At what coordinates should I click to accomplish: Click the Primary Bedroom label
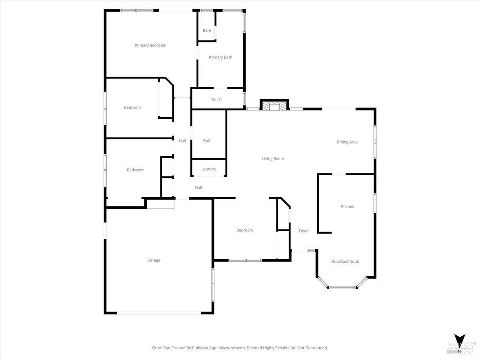(x=150, y=45)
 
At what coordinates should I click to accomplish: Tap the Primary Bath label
(x=220, y=57)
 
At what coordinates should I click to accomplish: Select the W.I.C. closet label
(x=217, y=100)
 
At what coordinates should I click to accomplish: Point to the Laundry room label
(x=209, y=169)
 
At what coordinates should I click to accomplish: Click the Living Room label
(x=273, y=158)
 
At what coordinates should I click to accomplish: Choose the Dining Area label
(x=347, y=142)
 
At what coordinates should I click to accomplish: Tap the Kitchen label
(x=347, y=206)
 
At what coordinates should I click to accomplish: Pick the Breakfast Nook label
(x=345, y=262)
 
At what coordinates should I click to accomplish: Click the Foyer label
(x=304, y=231)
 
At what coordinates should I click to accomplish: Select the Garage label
(x=154, y=260)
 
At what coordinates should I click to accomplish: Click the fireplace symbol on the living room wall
(x=274, y=106)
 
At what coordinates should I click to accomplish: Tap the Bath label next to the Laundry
(x=207, y=141)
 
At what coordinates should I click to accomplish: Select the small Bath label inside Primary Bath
(x=207, y=30)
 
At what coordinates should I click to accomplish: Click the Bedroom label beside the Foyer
(x=244, y=230)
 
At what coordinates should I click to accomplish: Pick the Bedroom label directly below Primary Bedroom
(x=132, y=107)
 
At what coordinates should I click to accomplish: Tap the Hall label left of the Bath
(x=182, y=141)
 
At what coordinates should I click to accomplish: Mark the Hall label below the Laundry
(x=198, y=188)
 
